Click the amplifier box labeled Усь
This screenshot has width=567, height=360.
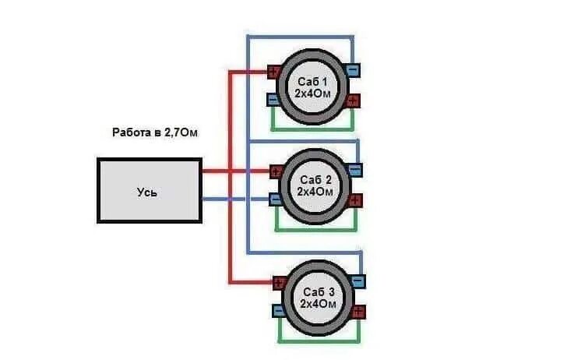coord(149,191)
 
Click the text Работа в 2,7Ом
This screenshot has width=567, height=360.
coord(155,132)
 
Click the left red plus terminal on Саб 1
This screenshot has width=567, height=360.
coord(273,72)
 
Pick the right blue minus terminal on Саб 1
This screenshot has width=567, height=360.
coord(353,70)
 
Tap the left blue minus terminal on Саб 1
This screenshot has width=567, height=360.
coord(273,100)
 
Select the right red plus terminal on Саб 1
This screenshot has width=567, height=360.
coord(354,100)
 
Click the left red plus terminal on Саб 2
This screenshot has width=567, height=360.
coord(276,171)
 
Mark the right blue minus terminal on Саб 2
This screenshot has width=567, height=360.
coord(355,169)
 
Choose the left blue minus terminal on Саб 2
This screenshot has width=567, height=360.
coord(276,199)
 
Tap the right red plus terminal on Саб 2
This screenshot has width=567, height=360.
coord(355,199)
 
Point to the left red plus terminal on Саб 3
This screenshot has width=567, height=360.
coord(277,283)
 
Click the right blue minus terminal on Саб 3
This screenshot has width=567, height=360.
coord(357,281)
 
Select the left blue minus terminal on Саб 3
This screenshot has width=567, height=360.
coord(278,311)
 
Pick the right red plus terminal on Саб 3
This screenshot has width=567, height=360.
coord(357,311)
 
